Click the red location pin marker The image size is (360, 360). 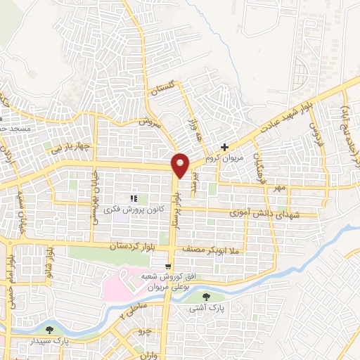[x=181, y=165]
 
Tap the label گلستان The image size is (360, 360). [x=162, y=94]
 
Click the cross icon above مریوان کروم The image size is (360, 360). [x=224, y=148]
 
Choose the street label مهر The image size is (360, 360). [x=281, y=188]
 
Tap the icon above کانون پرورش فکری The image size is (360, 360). [x=134, y=199]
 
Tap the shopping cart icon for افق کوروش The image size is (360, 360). [x=167, y=266]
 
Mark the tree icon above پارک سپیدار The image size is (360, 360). [x=49, y=330]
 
